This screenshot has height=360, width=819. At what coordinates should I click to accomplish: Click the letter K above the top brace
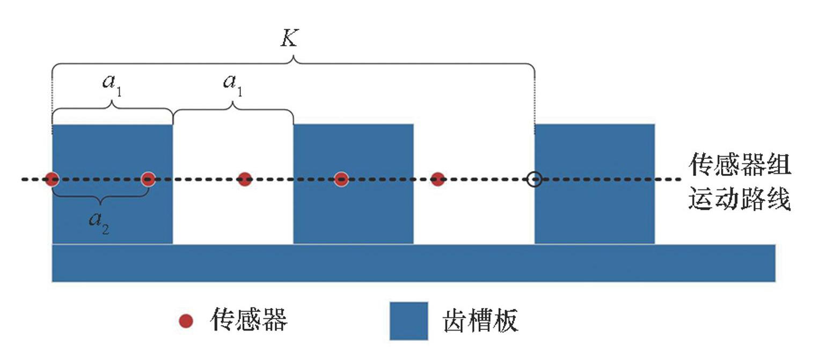[289, 38]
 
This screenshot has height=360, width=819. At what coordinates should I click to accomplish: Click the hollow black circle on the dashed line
[533, 179]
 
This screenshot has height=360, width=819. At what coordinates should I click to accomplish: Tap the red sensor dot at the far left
[52, 179]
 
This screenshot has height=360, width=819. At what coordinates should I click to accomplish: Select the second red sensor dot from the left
[148, 179]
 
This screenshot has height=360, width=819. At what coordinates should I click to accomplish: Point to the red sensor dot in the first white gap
[245, 179]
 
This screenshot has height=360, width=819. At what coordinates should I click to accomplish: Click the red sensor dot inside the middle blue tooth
[341, 179]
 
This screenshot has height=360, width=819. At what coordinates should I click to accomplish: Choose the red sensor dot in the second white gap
[438, 179]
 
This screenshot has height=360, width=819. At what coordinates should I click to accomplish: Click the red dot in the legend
[186, 321]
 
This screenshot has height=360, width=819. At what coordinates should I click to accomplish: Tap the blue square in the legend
[408, 321]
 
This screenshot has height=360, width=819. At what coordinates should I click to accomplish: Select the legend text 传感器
[248, 320]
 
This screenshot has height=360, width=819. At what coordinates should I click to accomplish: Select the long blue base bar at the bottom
[413, 263]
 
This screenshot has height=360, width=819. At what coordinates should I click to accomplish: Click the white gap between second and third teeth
[474, 215]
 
